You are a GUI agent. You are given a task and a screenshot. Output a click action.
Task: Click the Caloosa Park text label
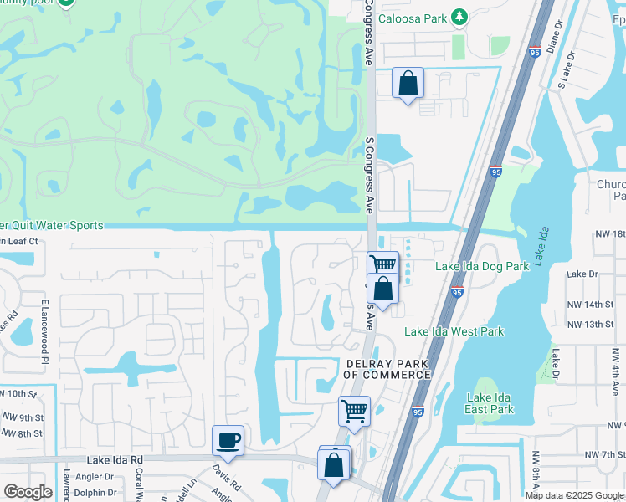pos(410,17)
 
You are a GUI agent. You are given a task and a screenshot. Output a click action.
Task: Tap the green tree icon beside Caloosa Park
pos(459,17)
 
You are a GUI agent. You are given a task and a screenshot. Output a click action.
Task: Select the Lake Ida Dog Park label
pos(482,266)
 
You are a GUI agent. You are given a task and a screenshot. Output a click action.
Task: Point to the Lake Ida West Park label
pos(454,331)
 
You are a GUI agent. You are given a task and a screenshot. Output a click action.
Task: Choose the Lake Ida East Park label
pos(490,403)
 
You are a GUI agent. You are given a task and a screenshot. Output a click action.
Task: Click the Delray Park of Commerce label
pos(387,368)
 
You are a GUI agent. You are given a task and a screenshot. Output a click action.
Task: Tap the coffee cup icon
pos(228,439)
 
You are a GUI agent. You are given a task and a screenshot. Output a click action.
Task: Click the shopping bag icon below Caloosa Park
pos(408,84)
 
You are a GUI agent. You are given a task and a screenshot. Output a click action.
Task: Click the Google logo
pos(28,492)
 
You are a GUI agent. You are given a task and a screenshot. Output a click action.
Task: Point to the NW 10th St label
pos(18,393)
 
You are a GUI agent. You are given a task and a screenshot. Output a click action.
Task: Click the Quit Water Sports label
pos(52,226)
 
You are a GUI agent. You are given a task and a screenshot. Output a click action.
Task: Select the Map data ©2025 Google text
pos(575,495)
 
